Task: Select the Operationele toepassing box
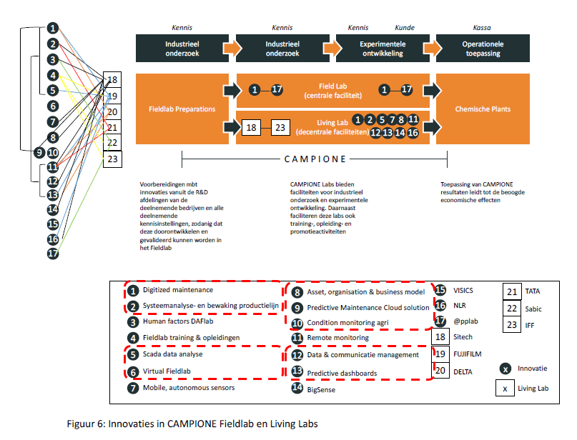pyautogui.click(x=483, y=49)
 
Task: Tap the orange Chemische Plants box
pyautogui.click(x=483, y=109)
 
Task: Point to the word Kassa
pyautogui.click(x=482, y=28)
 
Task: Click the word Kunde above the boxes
pyautogui.click(x=405, y=28)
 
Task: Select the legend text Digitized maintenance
pyautogui.click(x=178, y=290)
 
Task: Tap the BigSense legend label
pyautogui.click(x=321, y=390)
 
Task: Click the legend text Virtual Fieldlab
pyautogui.click(x=171, y=371)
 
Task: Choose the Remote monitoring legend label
pyautogui.click(x=337, y=337)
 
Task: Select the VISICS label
pyautogui.click(x=464, y=291)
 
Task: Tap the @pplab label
pyautogui.click(x=465, y=321)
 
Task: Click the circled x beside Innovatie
pyautogui.click(x=506, y=369)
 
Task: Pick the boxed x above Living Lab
pyautogui.click(x=506, y=389)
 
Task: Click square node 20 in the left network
pyautogui.click(x=113, y=111)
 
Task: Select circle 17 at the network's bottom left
pyautogui.click(x=52, y=253)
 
